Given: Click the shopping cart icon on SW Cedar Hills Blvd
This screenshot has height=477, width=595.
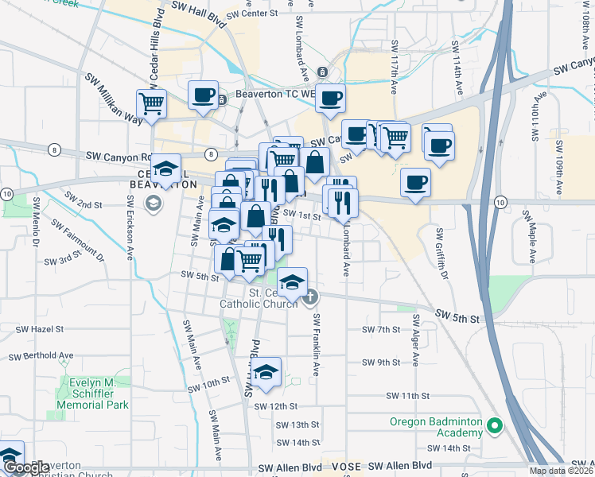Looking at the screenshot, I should point(151,103).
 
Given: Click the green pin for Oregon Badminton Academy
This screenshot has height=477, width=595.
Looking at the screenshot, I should point(495,427).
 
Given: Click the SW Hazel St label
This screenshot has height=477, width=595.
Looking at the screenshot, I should point(40,328).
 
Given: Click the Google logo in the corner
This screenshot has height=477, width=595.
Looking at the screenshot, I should point(26,468).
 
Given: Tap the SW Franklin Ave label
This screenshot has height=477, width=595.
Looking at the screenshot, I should point(316,345).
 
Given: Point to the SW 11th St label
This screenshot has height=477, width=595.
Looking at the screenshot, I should point(407,395).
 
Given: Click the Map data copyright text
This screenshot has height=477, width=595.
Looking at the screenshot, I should point(560,471).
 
